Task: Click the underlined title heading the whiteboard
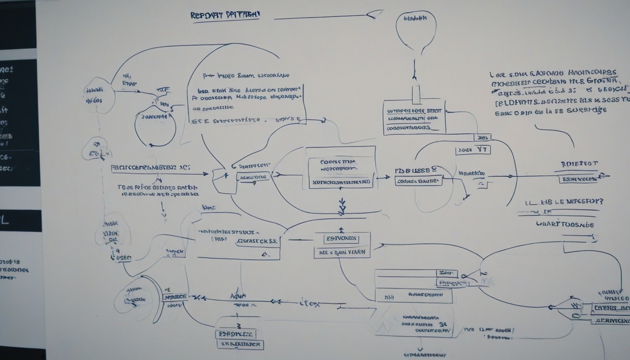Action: pyautogui.click(x=225, y=15)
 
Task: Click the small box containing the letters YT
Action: pyautogui.click(x=473, y=150)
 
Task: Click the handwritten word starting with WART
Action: pyautogui.click(x=565, y=224)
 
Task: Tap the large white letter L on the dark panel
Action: pyautogui.click(x=5, y=220)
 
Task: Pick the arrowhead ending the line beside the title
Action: pyautogui.click(x=374, y=15)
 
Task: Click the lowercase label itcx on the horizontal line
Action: pyautogui.click(x=309, y=303)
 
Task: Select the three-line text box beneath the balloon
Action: pyautogui.click(x=414, y=119)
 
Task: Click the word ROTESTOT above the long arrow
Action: pyautogui.click(x=579, y=164)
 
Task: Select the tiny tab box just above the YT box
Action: pyautogui.click(x=481, y=137)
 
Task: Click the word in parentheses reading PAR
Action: pyautogui.click(x=219, y=239)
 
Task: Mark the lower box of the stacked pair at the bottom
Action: pyautogui.click(x=239, y=344)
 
